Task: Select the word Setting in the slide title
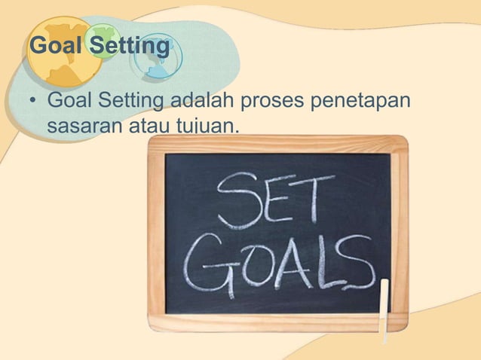(129, 47)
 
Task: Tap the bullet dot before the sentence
(33, 100)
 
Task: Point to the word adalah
(202, 99)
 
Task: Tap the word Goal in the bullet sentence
(69, 99)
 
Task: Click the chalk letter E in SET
(275, 200)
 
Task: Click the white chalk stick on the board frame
(384, 310)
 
